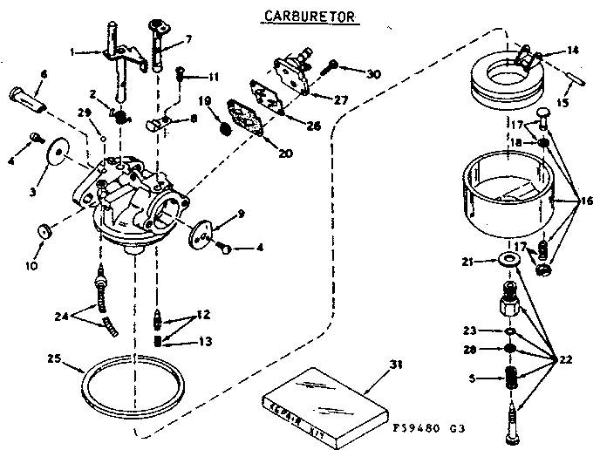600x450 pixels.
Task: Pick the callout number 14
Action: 572,51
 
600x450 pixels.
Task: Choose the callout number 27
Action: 340,99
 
